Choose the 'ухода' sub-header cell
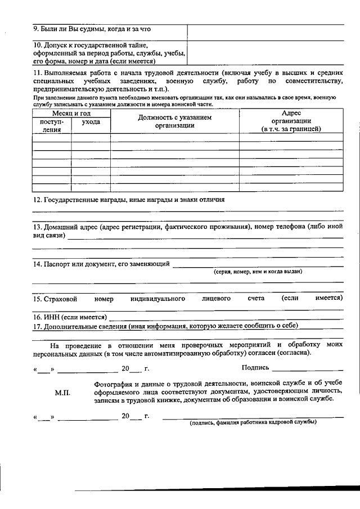coord(91,122)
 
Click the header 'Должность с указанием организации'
coord(174,121)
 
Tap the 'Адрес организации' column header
coord(291,121)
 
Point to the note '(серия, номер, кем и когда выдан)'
coord(258,271)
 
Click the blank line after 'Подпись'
coord(307,370)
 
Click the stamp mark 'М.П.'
coord(62,393)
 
